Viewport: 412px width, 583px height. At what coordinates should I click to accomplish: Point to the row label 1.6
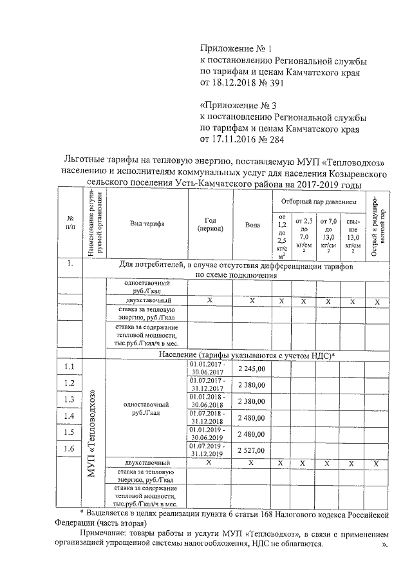[x=69, y=448]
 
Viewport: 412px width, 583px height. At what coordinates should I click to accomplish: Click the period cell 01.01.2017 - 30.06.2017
[x=207, y=368]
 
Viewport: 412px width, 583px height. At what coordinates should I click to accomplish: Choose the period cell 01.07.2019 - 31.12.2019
[x=207, y=449]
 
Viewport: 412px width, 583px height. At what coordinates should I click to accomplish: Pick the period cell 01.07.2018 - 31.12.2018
[x=207, y=416]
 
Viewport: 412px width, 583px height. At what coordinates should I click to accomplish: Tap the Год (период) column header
[x=210, y=224]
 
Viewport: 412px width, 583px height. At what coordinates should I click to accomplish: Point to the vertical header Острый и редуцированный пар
[x=378, y=225]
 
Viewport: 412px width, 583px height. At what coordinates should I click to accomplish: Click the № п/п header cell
[x=70, y=223]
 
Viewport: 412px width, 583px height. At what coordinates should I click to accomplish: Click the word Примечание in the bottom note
[x=102, y=535]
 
